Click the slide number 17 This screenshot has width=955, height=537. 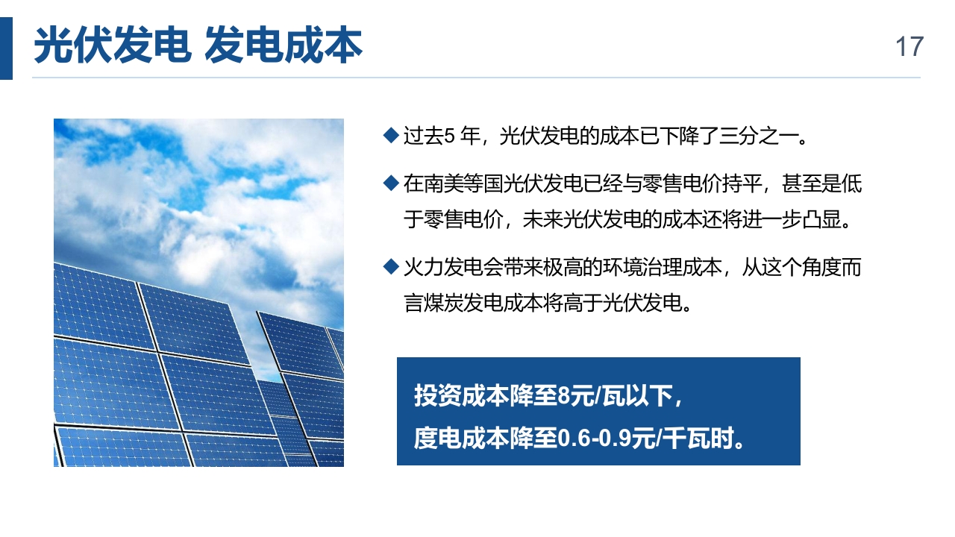909,46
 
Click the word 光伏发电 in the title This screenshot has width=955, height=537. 113,45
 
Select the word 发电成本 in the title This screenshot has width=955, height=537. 284,45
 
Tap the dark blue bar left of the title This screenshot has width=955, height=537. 6,48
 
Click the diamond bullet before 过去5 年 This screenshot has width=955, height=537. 391,136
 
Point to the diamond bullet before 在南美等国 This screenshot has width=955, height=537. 391,183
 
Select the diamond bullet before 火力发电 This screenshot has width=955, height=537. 391,267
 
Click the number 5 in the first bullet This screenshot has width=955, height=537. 449,136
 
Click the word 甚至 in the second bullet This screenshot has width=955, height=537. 801,184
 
